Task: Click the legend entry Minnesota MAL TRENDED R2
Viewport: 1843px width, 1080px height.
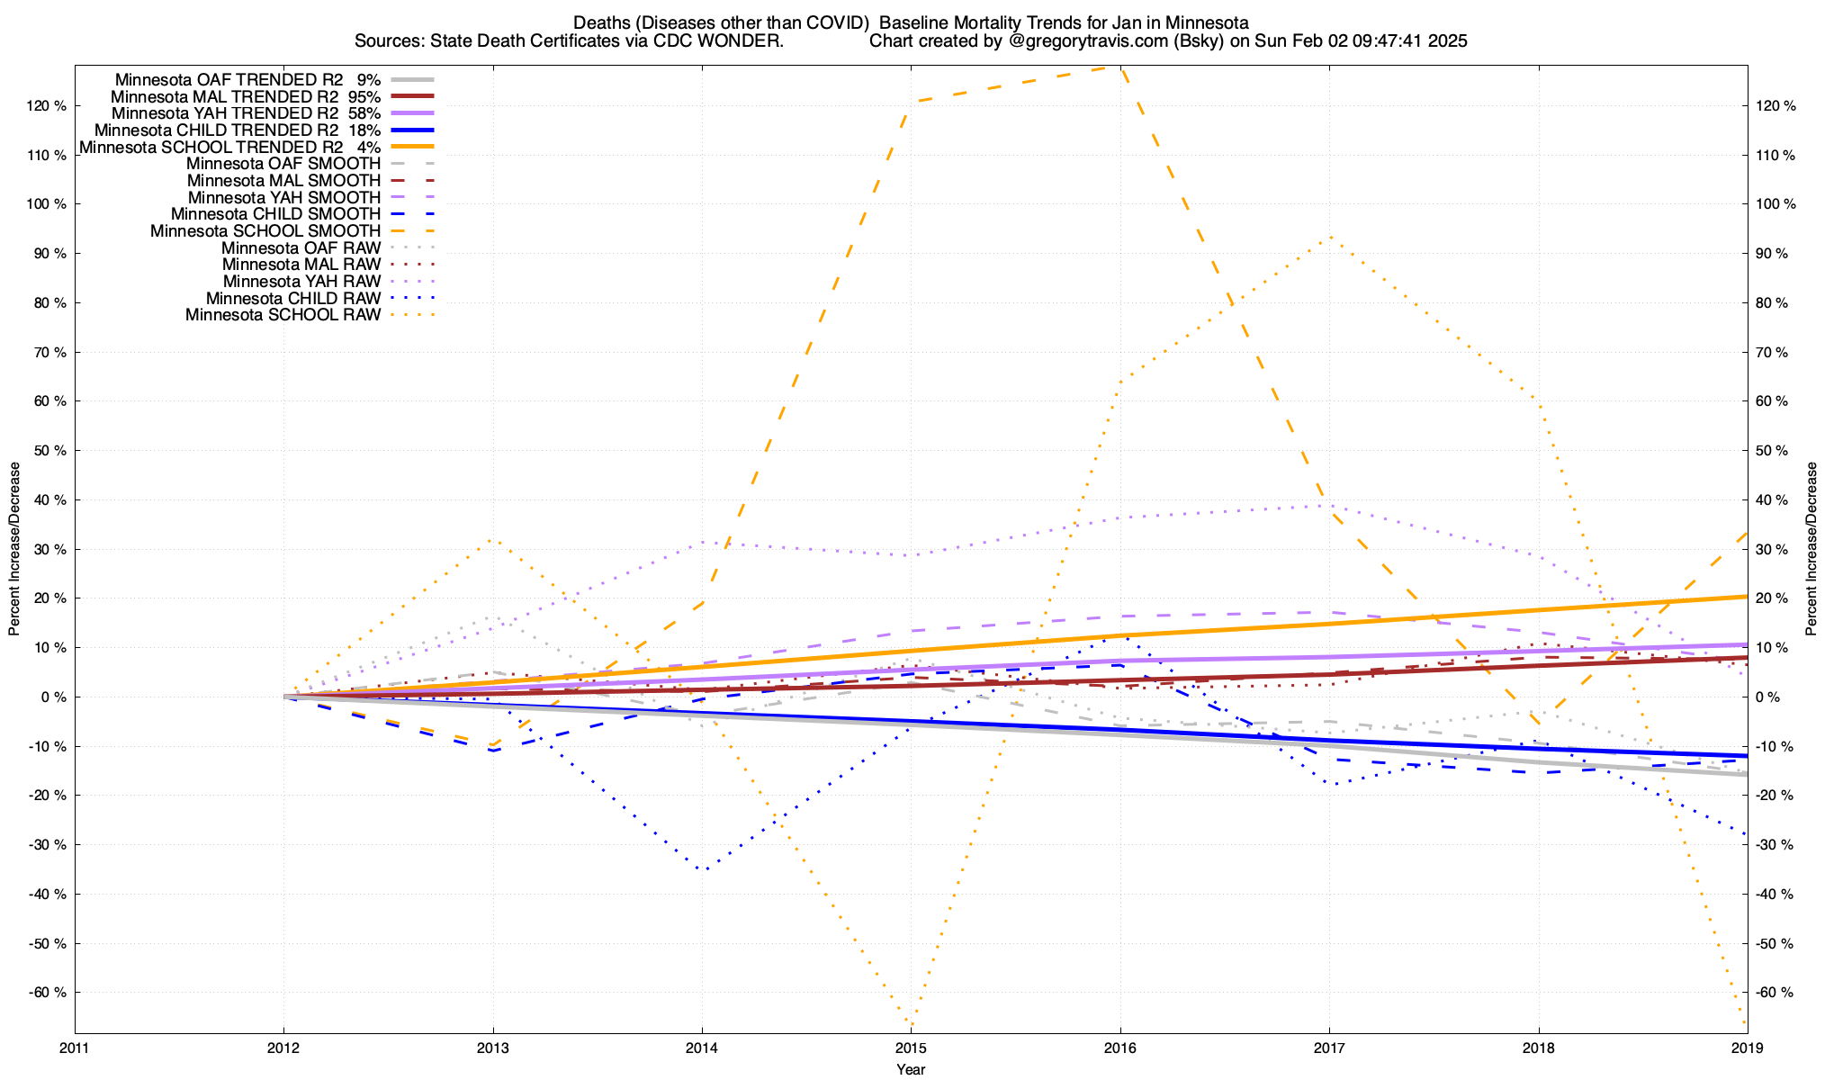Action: (x=224, y=96)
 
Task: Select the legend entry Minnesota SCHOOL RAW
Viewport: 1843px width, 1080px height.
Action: (x=283, y=315)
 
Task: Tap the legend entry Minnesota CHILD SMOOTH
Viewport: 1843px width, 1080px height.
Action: (x=275, y=214)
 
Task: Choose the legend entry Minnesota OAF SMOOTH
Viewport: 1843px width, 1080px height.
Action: (x=283, y=164)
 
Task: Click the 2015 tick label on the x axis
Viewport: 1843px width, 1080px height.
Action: (x=911, y=1048)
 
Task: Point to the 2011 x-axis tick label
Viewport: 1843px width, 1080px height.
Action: (x=75, y=1048)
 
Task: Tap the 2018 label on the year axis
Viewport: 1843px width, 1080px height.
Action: (x=1538, y=1048)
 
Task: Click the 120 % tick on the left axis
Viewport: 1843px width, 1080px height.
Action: (x=47, y=106)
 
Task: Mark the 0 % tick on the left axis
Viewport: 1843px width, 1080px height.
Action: (x=53, y=697)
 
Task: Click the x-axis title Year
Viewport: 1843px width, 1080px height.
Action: (x=911, y=1069)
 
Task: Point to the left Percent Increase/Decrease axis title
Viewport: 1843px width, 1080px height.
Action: (x=14, y=549)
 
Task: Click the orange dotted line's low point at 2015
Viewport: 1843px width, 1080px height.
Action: (x=912, y=1024)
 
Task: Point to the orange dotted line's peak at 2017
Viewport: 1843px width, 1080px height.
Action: (x=1329, y=237)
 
